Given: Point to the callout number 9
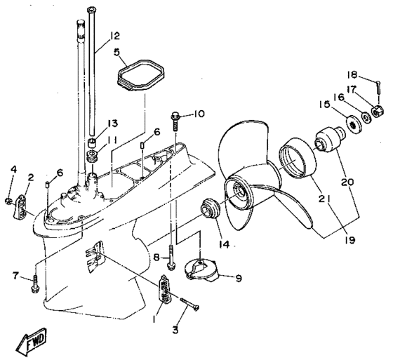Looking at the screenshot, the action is [x=239, y=278].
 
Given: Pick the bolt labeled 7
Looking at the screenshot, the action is [x=36, y=284].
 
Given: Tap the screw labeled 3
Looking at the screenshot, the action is [x=189, y=304].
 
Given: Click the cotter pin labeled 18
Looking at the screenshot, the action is [x=378, y=87].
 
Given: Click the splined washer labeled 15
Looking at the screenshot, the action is [x=354, y=124].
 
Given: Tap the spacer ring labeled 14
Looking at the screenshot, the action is [x=210, y=208].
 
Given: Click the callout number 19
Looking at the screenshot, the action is [x=350, y=240].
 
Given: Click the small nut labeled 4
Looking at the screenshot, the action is [x=8, y=201].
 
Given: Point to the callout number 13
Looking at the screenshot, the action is [x=112, y=124].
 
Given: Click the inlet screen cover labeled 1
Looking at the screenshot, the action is [x=165, y=289].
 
